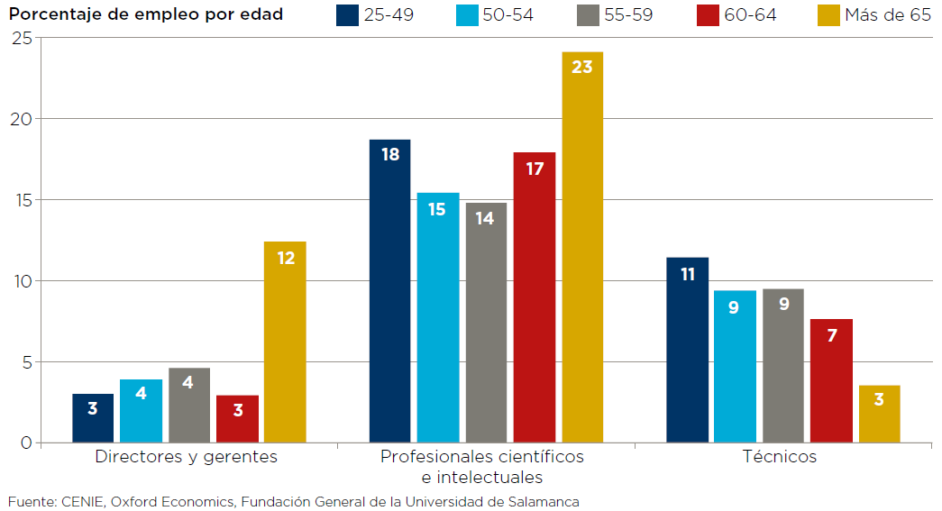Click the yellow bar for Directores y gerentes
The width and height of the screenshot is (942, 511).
[285, 342]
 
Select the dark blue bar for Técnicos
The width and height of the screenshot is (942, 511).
[688, 351]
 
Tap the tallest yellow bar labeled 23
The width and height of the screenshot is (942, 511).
[582, 248]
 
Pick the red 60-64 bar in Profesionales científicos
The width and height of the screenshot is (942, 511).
[535, 297]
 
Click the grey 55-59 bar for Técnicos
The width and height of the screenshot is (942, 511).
[783, 365]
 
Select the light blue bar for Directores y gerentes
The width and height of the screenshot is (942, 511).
[142, 411]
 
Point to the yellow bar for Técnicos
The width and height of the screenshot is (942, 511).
[880, 414]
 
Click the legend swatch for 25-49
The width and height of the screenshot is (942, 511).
[347, 15]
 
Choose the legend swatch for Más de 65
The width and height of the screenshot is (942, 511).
[828, 15]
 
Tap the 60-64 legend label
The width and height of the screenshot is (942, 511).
[750, 15]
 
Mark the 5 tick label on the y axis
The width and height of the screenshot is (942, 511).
[25, 362]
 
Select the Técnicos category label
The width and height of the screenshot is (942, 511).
[780, 457]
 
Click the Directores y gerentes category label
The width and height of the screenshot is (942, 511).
[187, 457]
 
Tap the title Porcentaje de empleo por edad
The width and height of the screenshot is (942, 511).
[146, 14]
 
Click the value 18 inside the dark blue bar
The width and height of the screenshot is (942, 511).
[390, 154]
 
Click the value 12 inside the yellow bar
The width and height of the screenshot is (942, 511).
[286, 258]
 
